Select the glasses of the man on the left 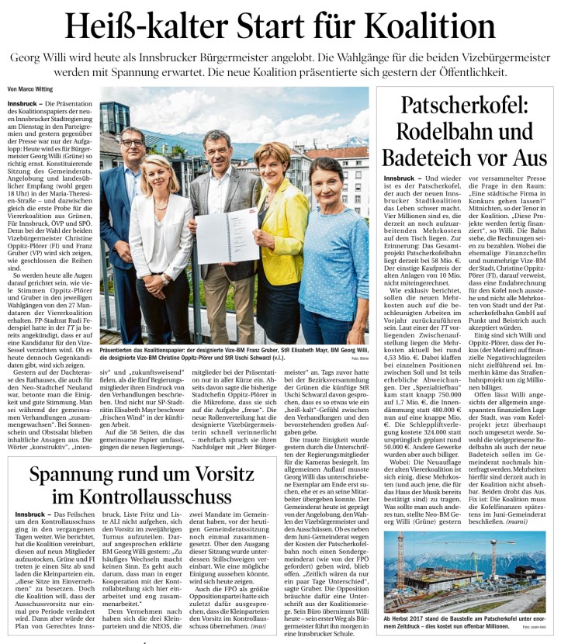133,143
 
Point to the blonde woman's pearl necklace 165,200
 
